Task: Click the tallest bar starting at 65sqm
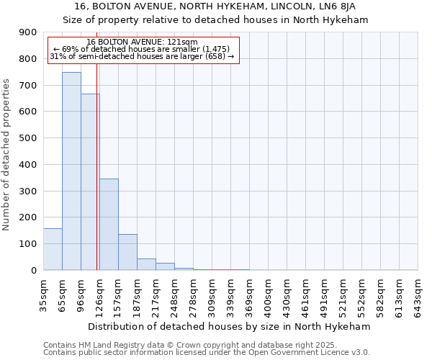(71, 171)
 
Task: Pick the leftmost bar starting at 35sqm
(53, 249)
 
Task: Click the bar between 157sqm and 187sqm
(127, 252)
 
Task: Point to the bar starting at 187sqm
(146, 264)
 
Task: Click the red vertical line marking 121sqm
(96, 180)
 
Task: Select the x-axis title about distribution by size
(230, 326)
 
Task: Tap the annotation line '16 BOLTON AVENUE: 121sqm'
(142, 42)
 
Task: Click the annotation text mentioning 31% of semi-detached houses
(142, 56)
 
